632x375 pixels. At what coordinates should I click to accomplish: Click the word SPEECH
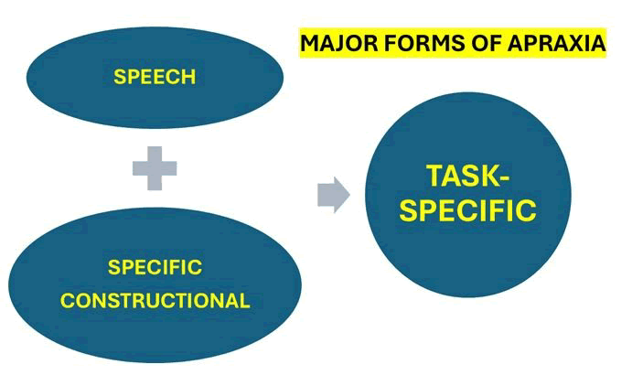(155, 77)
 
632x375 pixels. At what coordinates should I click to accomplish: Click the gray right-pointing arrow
(334, 195)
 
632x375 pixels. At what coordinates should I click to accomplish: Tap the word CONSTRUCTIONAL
(155, 301)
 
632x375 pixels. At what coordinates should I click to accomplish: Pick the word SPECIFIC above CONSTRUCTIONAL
(155, 269)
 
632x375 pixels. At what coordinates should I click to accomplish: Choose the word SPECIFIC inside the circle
(468, 210)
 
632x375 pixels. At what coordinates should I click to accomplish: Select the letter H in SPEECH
(189, 77)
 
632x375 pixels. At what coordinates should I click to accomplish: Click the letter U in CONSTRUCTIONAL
(161, 301)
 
